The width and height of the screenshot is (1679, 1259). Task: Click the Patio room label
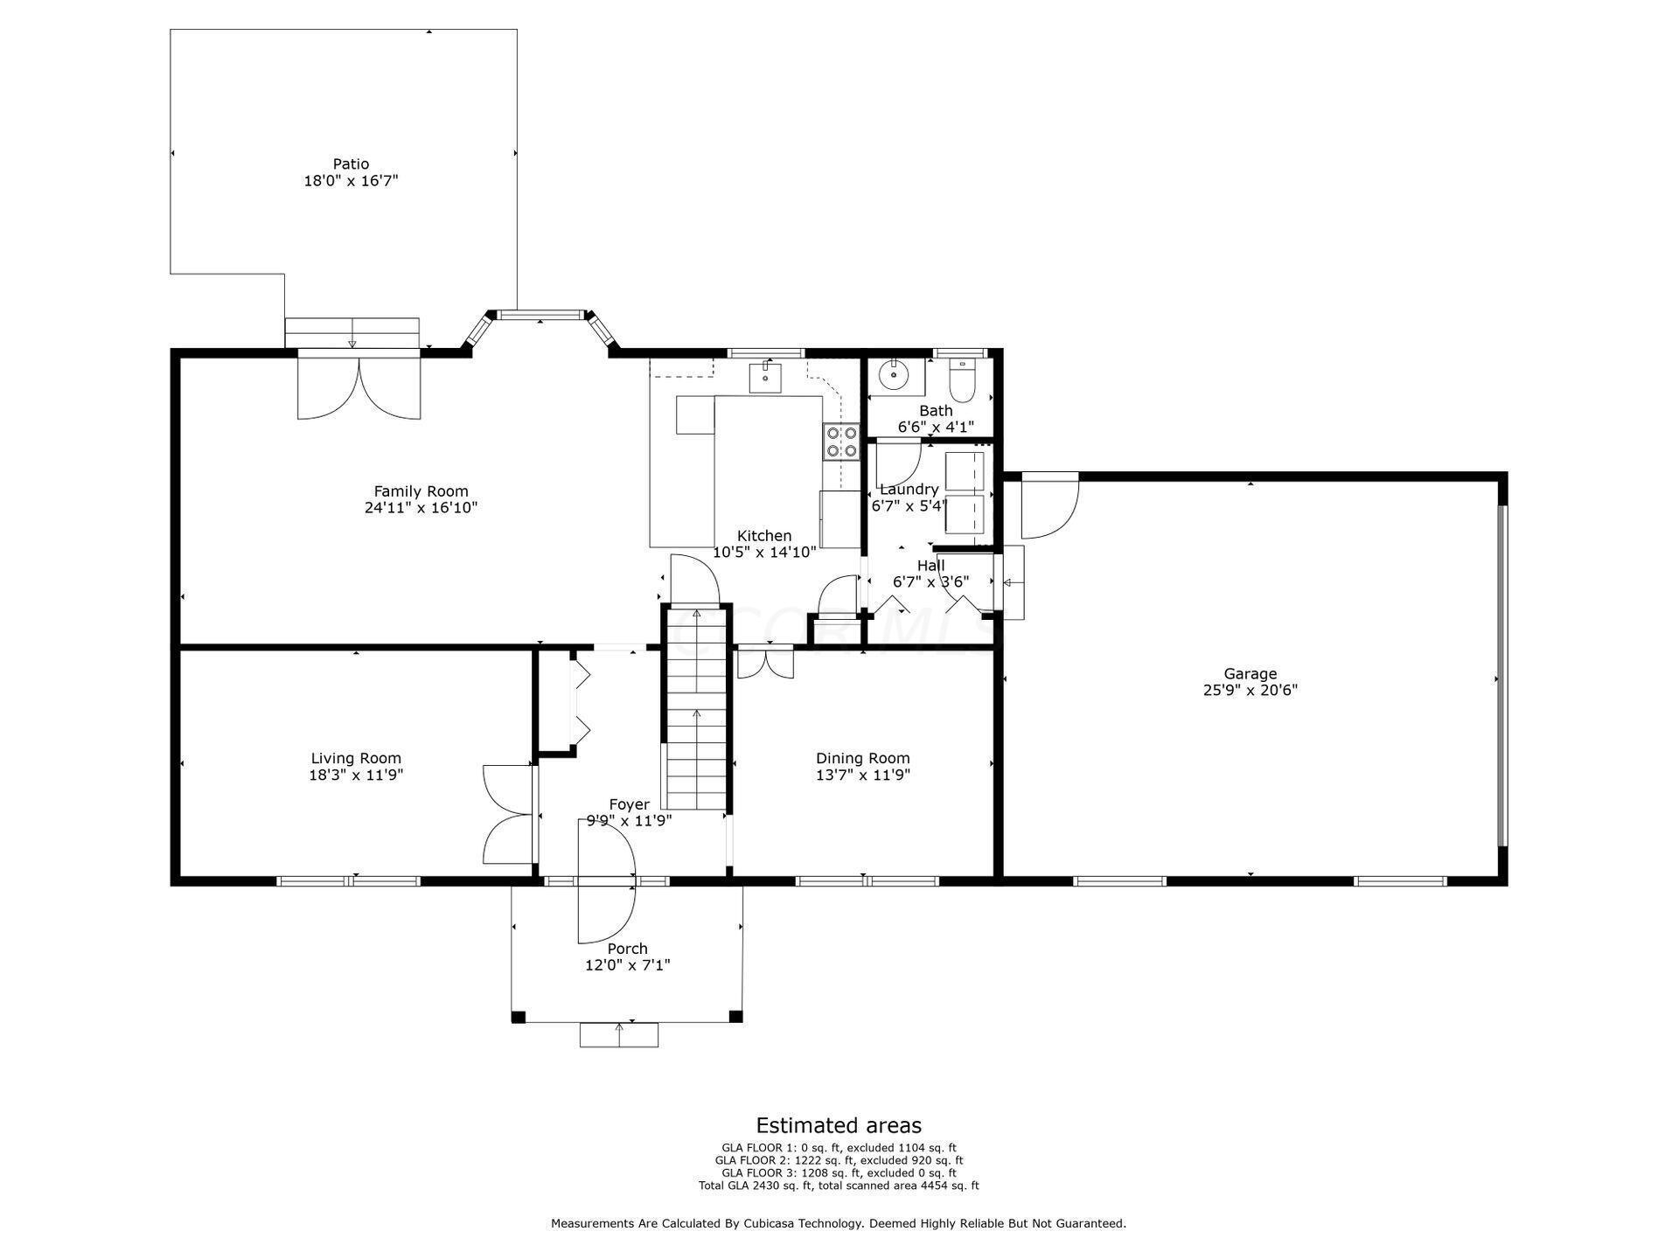point(351,163)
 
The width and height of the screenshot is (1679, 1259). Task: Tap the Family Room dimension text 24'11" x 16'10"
point(421,508)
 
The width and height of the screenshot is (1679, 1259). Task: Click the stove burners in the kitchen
point(840,442)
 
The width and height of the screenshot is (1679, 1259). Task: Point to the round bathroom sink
point(895,376)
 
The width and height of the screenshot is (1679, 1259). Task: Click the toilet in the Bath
point(961,378)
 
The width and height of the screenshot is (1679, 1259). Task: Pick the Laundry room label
point(909,490)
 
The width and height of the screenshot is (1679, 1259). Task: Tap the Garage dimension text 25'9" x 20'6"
point(1250,690)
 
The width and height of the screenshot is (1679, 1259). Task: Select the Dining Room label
point(863,758)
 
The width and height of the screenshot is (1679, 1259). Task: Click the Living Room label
point(356,758)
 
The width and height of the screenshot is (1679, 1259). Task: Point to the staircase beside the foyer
point(696,708)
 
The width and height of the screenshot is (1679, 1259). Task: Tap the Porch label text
point(628,949)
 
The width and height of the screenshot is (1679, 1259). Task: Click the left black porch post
point(519,1017)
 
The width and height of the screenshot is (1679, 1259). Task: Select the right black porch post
point(735,1017)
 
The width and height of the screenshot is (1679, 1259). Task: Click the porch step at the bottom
point(619,1034)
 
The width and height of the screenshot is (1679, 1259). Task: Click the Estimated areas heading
point(839,1125)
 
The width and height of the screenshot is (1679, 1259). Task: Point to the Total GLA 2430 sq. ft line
point(839,1186)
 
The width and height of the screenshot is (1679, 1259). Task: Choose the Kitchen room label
point(764,536)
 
